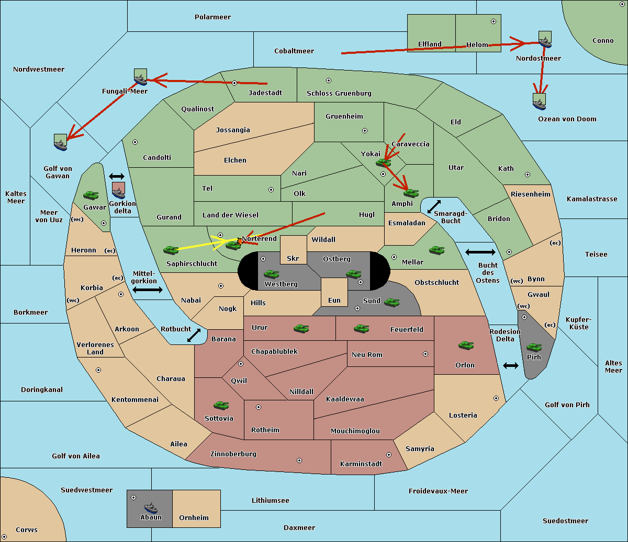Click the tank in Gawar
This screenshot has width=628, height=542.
(91, 195)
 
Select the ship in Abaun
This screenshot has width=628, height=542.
(151, 508)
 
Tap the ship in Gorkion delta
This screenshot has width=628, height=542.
(118, 191)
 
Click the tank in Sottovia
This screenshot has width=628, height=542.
(221, 405)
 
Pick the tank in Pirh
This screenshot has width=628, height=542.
(534, 347)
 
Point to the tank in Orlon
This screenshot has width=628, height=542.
(466, 345)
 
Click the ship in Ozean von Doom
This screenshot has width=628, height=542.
(539, 102)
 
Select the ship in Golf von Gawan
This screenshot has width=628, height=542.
(61, 142)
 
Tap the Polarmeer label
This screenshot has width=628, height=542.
(212, 17)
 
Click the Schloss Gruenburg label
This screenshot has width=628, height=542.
(339, 93)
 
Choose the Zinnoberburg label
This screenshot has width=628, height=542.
(233, 454)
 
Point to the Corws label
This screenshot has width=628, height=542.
(27, 529)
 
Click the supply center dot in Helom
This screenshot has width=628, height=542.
(494, 21)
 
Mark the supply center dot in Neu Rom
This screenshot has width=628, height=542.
(425, 354)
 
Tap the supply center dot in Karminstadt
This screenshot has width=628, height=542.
(389, 455)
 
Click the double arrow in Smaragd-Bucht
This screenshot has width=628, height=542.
(434, 206)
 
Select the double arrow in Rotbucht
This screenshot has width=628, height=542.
(194, 336)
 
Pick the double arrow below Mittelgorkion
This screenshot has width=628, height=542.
(148, 290)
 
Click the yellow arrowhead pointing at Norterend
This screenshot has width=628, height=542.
(227, 242)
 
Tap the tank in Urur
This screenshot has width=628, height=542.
(301, 329)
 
